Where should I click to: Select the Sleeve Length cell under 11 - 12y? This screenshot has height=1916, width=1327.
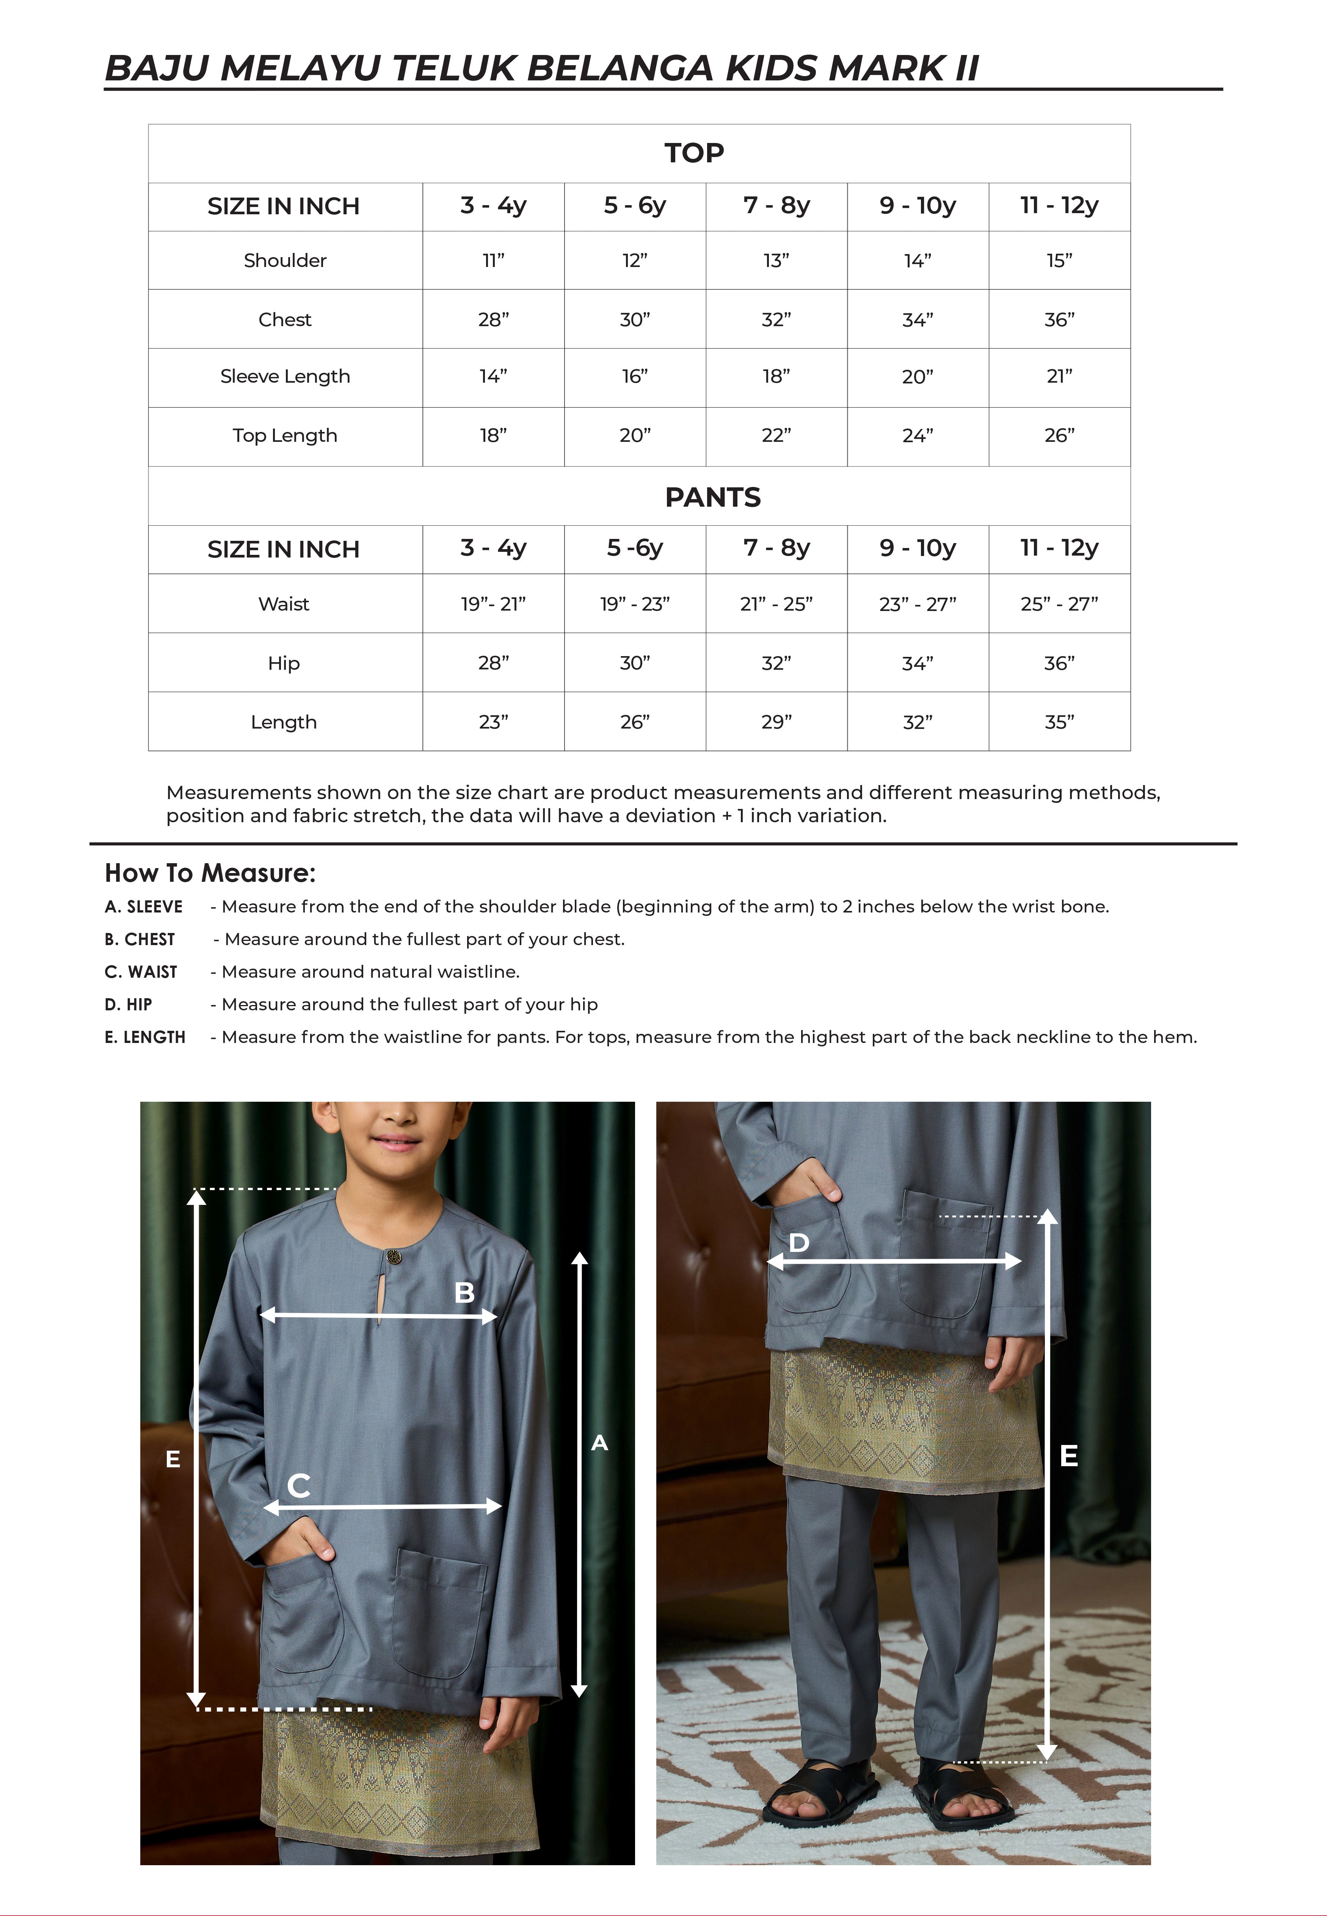pyautogui.click(x=1059, y=377)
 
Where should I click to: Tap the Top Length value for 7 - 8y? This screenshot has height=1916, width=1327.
pyautogui.click(x=776, y=436)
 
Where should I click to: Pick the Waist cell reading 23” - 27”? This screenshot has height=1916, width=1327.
pyautogui.click(x=918, y=605)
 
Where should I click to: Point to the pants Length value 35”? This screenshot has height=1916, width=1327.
pyautogui.click(x=1059, y=722)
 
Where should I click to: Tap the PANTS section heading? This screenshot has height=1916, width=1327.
pyautogui.click(x=712, y=497)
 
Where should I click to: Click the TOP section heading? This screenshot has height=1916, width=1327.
pyautogui.click(x=694, y=153)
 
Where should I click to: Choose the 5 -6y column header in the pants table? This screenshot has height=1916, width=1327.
pyautogui.click(x=634, y=548)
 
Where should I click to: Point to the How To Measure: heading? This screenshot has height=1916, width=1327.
pyautogui.click(x=210, y=873)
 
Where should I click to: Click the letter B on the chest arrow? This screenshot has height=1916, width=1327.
pyautogui.click(x=464, y=1292)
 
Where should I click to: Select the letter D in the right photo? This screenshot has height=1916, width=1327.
pyautogui.click(x=798, y=1242)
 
